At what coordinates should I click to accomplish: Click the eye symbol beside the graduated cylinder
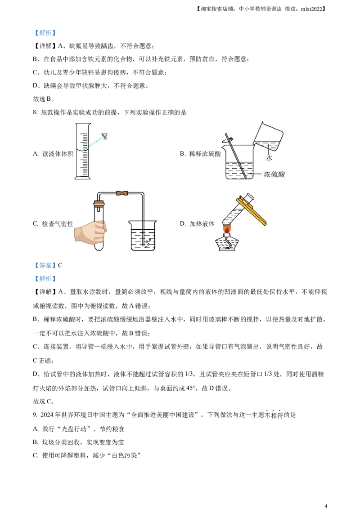point(104,136)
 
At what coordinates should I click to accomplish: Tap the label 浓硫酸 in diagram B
point(274,174)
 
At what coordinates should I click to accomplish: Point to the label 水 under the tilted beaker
point(269,158)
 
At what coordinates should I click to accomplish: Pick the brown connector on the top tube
point(122,193)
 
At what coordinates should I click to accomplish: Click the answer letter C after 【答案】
point(60,265)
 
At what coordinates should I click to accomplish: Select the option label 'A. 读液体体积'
point(53,154)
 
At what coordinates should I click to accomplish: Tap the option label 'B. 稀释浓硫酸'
point(200,154)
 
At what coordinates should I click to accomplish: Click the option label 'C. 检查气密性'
point(53,223)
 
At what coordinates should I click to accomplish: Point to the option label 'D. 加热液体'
point(197,223)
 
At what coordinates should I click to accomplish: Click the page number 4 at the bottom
point(326,506)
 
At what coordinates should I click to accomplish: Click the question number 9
point(35,415)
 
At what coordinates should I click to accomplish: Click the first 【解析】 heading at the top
point(45,33)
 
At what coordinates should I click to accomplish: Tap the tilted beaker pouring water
point(268,136)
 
